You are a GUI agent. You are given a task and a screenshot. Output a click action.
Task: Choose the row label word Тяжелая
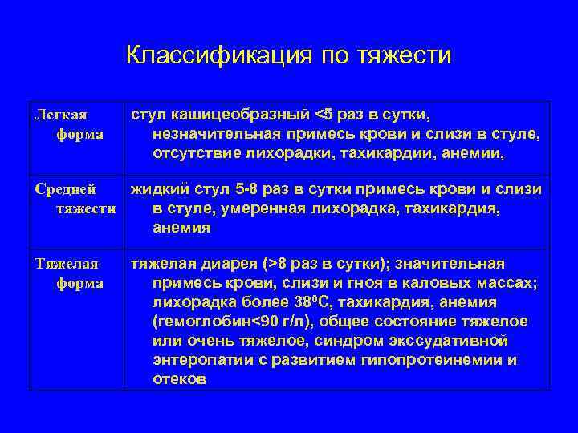66,264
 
